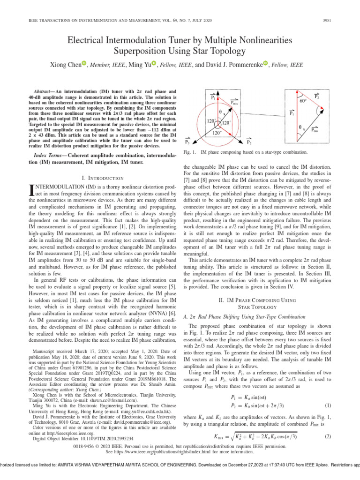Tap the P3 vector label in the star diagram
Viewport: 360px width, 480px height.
pyautogui.click(x=187, y=141)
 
